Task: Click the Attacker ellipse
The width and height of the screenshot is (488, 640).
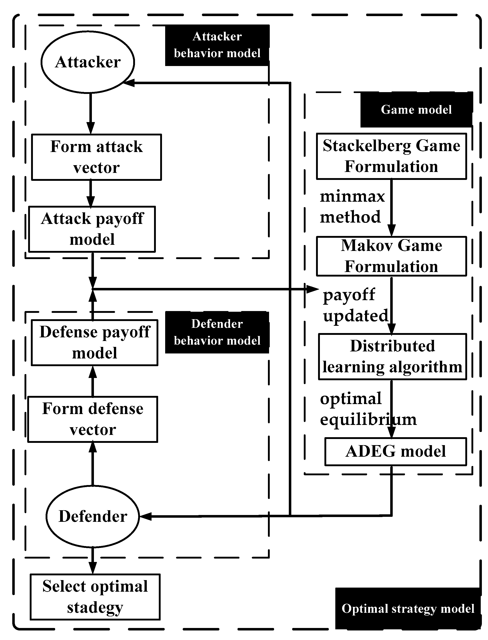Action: (x=88, y=62)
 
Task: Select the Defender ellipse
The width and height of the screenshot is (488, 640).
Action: (x=93, y=516)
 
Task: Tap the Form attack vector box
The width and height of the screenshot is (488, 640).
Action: (x=96, y=157)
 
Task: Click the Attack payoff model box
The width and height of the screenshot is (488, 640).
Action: (x=92, y=229)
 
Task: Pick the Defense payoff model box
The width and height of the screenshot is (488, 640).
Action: (x=94, y=343)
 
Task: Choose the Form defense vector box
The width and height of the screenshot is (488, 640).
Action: (x=93, y=419)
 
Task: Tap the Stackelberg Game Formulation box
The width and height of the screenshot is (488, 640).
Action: (x=391, y=156)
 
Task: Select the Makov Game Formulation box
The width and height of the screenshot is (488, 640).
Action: (x=391, y=256)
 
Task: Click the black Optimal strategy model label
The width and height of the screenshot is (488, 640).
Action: (x=408, y=608)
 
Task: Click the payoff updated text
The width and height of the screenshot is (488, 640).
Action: (x=355, y=305)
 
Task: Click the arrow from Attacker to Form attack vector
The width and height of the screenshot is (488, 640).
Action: (x=91, y=113)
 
